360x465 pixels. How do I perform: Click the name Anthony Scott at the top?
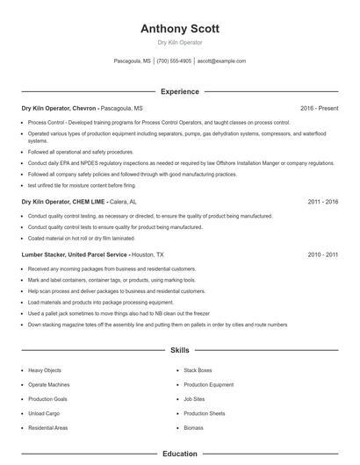pyautogui.click(x=180, y=28)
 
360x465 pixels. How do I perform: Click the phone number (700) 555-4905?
pyautogui.click(x=175, y=61)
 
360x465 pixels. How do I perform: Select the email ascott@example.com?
pyautogui.click(x=221, y=61)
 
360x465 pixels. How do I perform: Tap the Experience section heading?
pyautogui.click(x=180, y=91)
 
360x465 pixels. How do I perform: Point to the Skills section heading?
pyautogui.click(x=180, y=350)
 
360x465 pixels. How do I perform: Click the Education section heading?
pyautogui.click(x=180, y=454)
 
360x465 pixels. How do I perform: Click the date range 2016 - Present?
pyautogui.click(x=319, y=108)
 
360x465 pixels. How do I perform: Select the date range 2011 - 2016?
pyautogui.click(x=322, y=201)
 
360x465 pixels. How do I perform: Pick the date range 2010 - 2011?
pyautogui.click(x=322, y=254)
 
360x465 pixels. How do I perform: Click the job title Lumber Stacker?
pyautogui.click(x=43, y=254)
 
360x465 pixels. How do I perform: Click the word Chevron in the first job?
pyautogui.click(x=84, y=108)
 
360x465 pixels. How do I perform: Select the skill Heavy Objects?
pyautogui.click(x=45, y=370)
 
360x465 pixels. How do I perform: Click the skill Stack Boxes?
pyautogui.click(x=198, y=370)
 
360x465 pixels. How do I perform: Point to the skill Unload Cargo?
pyautogui.click(x=43, y=412)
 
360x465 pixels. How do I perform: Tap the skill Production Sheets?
pyautogui.click(x=205, y=412)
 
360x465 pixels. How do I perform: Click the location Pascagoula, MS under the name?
pyautogui.click(x=133, y=61)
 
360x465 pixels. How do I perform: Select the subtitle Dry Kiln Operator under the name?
pyautogui.click(x=180, y=42)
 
